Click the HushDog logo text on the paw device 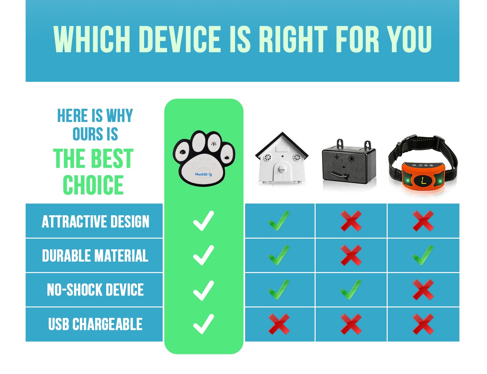point(203,174)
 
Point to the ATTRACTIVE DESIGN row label point(95,222)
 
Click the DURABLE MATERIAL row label point(95,256)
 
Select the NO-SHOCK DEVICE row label point(95,290)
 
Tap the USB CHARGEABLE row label point(95,324)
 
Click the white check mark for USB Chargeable point(204,324)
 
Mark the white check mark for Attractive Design point(204,221)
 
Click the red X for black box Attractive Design point(351,221)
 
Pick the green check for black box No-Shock point(351,290)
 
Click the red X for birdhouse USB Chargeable point(279,324)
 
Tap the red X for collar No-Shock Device point(423,290)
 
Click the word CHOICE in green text point(93,185)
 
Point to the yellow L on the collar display point(423,181)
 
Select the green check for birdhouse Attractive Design point(279,221)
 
